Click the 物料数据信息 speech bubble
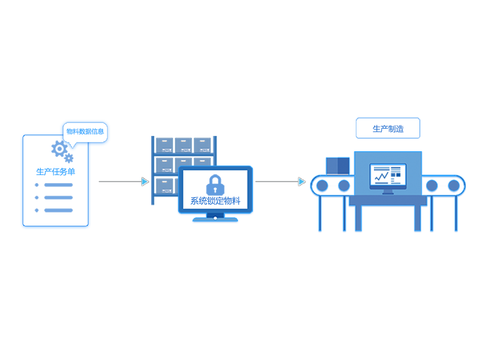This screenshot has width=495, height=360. tap(85, 131)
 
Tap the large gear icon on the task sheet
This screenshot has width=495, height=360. tap(58, 148)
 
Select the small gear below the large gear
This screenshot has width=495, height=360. tap(69, 158)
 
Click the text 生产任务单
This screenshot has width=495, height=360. tap(55, 171)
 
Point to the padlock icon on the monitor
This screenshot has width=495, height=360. tap(215, 185)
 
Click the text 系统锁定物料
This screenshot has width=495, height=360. tap(215, 201)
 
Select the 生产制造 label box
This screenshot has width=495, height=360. tap(388, 129)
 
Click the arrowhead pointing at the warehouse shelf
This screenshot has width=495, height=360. tap(145, 181)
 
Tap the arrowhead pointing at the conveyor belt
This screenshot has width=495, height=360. tap(301, 181)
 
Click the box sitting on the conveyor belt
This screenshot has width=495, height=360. tap(337, 166)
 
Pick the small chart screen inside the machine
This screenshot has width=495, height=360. tap(388, 175)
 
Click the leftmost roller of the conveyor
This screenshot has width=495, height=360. tap(322, 185)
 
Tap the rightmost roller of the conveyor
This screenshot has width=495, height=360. tap(454, 185)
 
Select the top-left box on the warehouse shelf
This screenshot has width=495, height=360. tap(164, 144)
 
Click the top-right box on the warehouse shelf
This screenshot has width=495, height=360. tap(202, 144)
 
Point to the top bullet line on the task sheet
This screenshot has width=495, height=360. tap(58, 185)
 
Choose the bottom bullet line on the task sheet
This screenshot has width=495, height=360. tap(58, 210)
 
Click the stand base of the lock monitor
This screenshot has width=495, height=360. tap(215, 220)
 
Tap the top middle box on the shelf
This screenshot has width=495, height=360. tap(183, 144)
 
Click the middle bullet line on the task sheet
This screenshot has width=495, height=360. tap(58, 198)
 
